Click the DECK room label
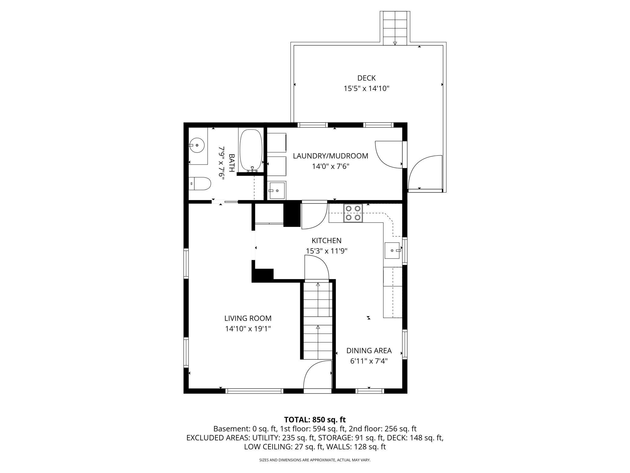pyautogui.click(x=366, y=78)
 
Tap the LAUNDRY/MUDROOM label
pyautogui.click(x=330, y=156)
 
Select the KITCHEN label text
pyautogui.click(x=327, y=240)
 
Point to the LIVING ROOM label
pyautogui.click(x=248, y=318)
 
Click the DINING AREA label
pyautogui.click(x=369, y=351)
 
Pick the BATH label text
pyautogui.click(x=231, y=163)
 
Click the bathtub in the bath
pyautogui.click(x=251, y=151)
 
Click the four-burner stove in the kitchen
pyautogui.click(x=353, y=213)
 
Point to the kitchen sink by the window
pyautogui.click(x=393, y=251)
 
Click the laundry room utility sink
pyautogui.click(x=277, y=190)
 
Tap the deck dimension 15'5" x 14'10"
pyautogui.click(x=366, y=89)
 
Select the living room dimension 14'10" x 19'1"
pyautogui.click(x=248, y=329)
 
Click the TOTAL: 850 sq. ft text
pyautogui.click(x=315, y=420)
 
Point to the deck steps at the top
pyautogui.click(x=395, y=28)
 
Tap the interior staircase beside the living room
pyautogui.click(x=318, y=321)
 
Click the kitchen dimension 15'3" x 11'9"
pyautogui.click(x=327, y=251)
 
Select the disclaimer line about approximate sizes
pyautogui.click(x=315, y=460)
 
